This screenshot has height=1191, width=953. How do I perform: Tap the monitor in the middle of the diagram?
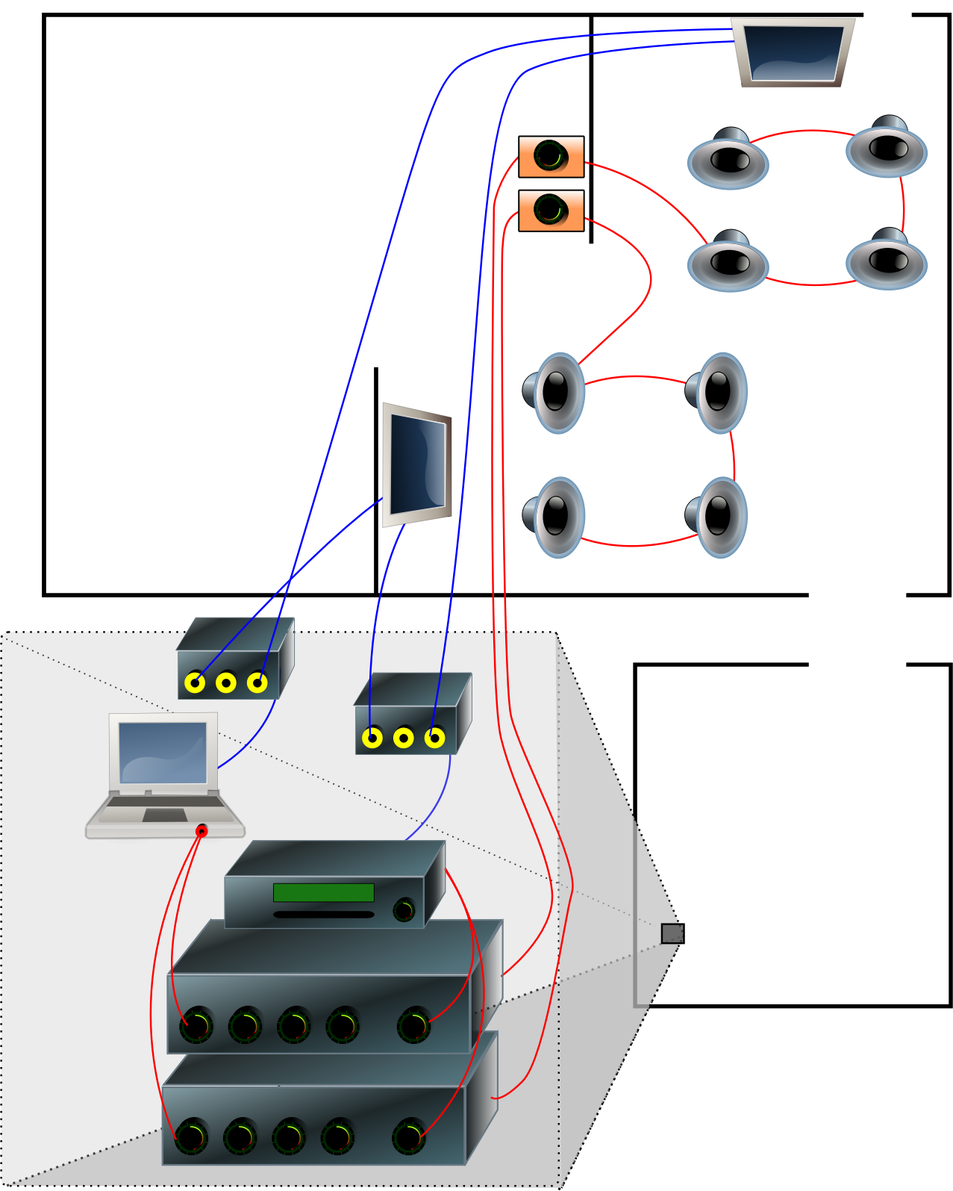[417, 464]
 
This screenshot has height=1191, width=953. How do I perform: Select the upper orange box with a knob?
[551, 157]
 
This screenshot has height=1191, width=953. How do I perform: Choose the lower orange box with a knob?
[551, 211]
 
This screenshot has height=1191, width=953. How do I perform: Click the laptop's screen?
[163, 752]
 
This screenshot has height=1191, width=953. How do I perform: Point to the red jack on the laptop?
[201, 831]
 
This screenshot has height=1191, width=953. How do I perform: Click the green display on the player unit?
[323, 892]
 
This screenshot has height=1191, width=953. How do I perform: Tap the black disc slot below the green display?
[323, 914]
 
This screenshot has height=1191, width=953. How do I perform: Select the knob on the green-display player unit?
[404, 910]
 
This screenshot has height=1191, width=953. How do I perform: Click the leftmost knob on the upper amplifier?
[196, 1025]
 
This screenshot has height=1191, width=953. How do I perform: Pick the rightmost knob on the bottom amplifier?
[409, 1136]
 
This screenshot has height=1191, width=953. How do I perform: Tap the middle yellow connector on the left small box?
[226, 682]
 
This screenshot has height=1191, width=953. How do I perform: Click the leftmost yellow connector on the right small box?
[372, 738]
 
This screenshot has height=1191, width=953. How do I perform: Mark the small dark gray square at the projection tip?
[672, 933]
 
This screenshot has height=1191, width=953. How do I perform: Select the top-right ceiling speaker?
[887, 149]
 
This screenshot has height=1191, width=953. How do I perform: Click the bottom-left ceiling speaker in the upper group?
[728, 262]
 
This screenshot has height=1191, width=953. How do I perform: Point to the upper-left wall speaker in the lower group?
[556, 393]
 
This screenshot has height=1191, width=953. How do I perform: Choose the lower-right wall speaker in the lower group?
[717, 517]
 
